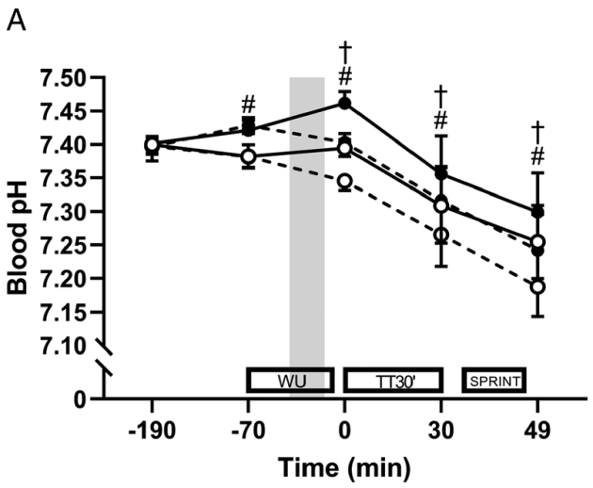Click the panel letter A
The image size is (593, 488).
(x=16, y=19)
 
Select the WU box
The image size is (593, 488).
(x=289, y=380)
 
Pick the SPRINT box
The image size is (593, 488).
(x=493, y=380)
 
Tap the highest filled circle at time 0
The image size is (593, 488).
(x=345, y=102)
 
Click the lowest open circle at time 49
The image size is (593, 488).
(x=537, y=286)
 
